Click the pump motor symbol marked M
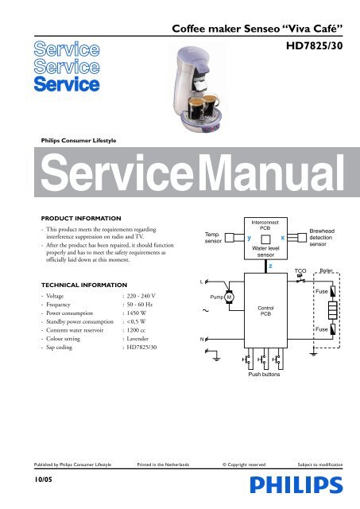pos(230,297)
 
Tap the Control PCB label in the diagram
pos(265,311)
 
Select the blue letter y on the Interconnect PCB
pos(249,238)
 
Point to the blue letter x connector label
pos(282,238)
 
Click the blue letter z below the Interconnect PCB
pos(270,266)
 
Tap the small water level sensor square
pos(265,239)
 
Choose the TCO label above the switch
pos(300,270)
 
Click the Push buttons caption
pos(264,375)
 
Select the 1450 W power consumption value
pos(137,313)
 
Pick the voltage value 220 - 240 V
pos(141,296)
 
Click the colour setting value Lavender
pos(137,339)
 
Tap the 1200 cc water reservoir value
pos(136,330)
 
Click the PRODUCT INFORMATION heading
pos(81,219)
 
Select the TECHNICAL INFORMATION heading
pos(84,285)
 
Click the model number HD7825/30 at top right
pos(314,46)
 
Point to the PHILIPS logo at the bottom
pos(296,485)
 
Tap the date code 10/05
pos(44,480)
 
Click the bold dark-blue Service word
pos(67,84)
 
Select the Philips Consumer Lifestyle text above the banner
pos(79,141)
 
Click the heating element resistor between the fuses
pos(333,310)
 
